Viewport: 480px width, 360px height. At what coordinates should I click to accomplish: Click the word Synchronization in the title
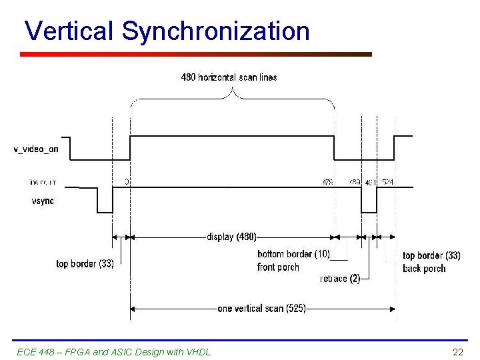pyautogui.click(x=216, y=31)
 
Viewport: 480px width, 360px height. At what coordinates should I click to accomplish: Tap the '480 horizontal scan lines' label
pyautogui.click(x=229, y=77)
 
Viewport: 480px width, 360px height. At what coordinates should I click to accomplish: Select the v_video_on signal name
pyautogui.click(x=36, y=149)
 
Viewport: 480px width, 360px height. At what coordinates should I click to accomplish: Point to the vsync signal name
pyautogui.click(x=43, y=201)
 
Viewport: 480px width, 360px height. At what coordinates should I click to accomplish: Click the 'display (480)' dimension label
pyautogui.click(x=231, y=237)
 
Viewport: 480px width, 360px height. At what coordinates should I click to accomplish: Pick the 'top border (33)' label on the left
pyautogui.click(x=85, y=264)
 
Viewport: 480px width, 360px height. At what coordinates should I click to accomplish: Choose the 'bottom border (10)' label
pyautogui.click(x=293, y=254)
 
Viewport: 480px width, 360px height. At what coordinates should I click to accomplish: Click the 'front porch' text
pyautogui.click(x=278, y=267)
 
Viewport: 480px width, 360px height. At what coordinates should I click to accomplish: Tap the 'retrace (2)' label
pyautogui.click(x=340, y=279)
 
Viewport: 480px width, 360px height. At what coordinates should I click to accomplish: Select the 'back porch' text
pyautogui.click(x=424, y=269)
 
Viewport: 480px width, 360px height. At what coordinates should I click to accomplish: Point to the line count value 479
pyautogui.click(x=328, y=181)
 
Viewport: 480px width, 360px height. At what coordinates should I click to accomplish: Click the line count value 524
pyautogui.click(x=388, y=181)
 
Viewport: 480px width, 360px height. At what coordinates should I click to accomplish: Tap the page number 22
pyautogui.click(x=457, y=351)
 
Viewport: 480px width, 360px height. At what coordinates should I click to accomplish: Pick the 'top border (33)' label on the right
pyautogui.click(x=431, y=256)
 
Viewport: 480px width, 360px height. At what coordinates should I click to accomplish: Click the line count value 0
pyautogui.click(x=127, y=181)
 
